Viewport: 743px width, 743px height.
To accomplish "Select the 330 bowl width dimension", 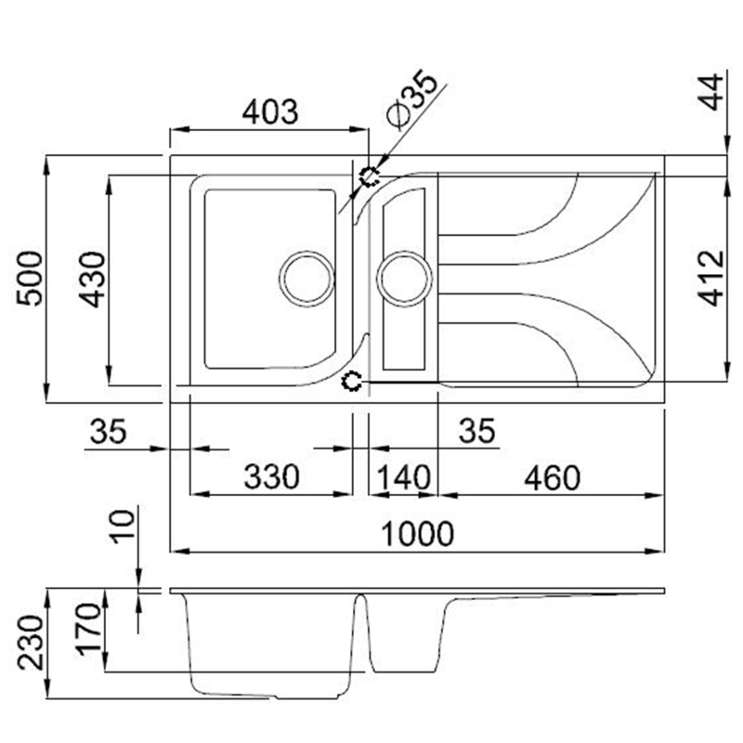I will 272,477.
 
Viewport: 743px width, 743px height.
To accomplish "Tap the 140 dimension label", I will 403,477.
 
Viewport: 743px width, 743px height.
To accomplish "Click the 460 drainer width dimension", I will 552,477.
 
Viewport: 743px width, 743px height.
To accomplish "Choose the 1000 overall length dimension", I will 419,534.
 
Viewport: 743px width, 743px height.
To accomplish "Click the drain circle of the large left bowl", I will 306,278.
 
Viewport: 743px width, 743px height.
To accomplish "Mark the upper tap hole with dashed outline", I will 370,176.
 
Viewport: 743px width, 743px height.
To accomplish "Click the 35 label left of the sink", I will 108,431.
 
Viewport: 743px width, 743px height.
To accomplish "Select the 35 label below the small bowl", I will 476,431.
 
